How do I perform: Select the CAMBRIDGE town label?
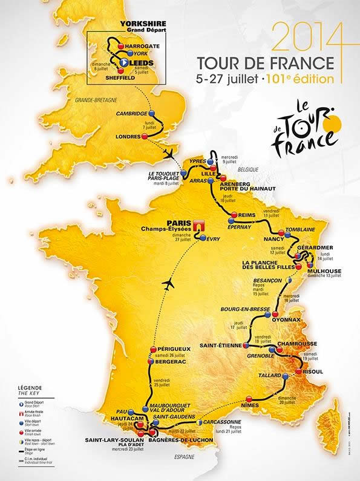[x=131, y=113]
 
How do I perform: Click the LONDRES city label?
[x=128, y=136]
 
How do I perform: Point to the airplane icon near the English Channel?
[x=171, y=152]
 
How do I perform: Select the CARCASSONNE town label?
[x=221, y=422]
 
